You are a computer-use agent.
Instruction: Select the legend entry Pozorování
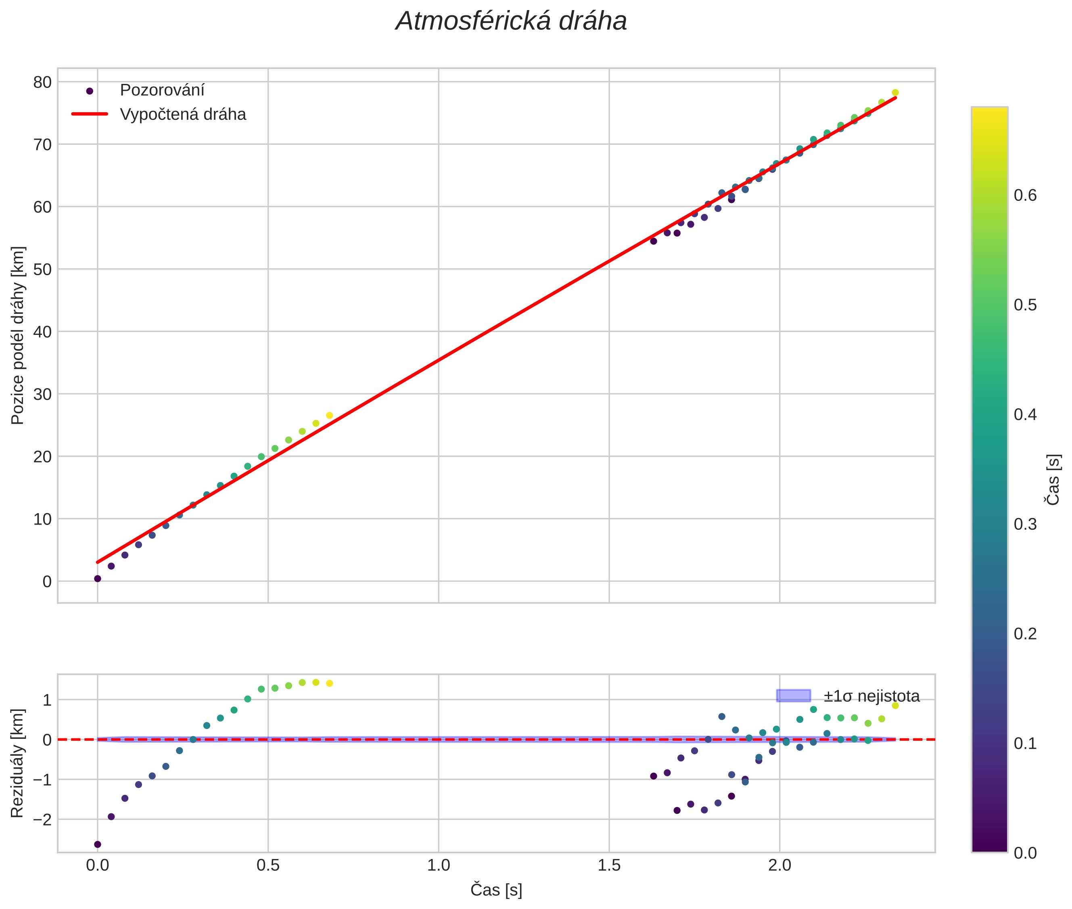pos(162,90)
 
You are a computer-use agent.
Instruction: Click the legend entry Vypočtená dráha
pos(182,115)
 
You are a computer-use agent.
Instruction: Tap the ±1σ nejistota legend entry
pos(871,696)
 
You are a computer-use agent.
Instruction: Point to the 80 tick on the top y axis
pos(43,82)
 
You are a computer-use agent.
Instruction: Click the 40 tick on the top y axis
pos(43,332)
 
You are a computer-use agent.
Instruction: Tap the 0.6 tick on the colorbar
pos(1024,195)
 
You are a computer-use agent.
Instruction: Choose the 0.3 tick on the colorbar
pos(1024,524)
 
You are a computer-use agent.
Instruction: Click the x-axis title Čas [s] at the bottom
pos(496,890)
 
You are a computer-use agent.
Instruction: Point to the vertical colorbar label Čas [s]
pos(1053,479)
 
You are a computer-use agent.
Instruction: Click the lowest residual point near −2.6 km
pos(97,844)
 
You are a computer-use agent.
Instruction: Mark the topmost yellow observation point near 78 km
pos(895,93)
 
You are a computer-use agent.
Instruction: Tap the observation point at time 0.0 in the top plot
pos(97,579)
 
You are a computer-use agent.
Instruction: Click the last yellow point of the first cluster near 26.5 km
pos(329,415)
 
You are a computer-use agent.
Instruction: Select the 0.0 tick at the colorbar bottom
pos(1024,853)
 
